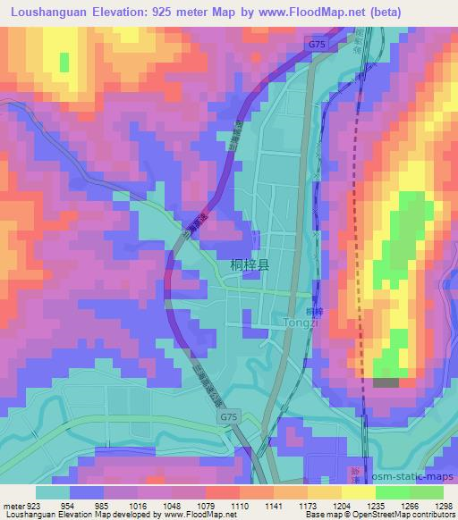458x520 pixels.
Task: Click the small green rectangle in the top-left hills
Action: (x=64, y=63)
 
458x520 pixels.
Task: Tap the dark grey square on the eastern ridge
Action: (x=386, y=382)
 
